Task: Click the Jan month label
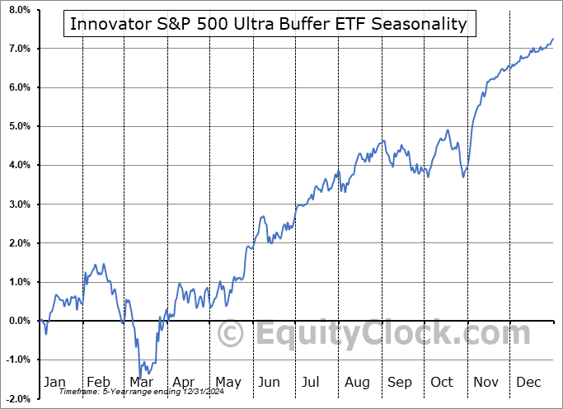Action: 54,383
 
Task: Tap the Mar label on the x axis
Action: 140,383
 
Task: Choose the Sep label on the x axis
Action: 399,383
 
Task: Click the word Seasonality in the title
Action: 421,25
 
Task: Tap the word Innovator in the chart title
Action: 106,25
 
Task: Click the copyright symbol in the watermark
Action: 231,334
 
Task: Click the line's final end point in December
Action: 553,39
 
